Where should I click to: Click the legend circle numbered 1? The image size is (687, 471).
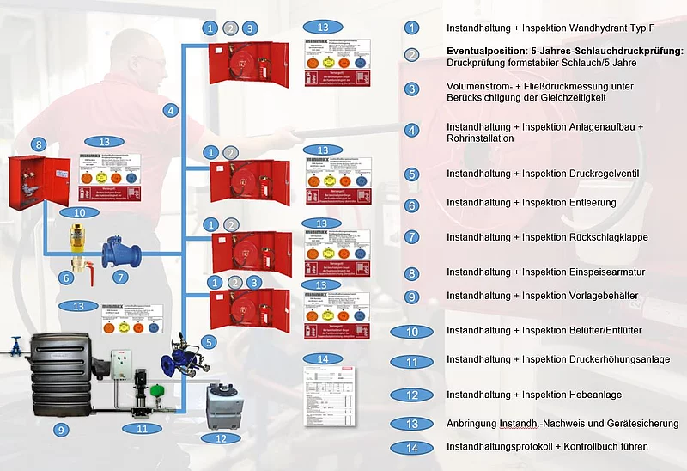click(x=412, y=28)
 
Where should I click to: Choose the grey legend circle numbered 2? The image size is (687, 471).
click(x=412, y=55)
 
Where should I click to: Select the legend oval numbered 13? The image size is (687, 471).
click(x=412, y=423)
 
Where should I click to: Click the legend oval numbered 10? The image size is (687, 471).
click(x=412, y=331)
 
